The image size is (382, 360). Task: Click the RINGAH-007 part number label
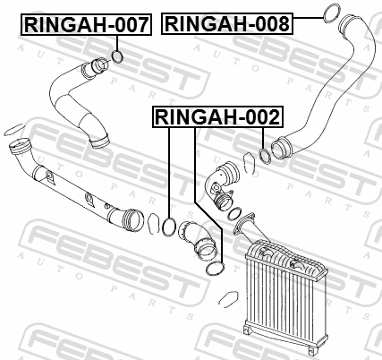86,24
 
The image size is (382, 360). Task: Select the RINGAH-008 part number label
227,23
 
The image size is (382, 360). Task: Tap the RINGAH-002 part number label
217,116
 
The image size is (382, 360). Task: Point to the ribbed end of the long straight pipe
132,221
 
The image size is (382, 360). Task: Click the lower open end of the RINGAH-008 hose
281,148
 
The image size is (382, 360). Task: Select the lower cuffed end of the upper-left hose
99,141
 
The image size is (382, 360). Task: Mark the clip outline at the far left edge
14,129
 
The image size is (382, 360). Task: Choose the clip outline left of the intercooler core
228,298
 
